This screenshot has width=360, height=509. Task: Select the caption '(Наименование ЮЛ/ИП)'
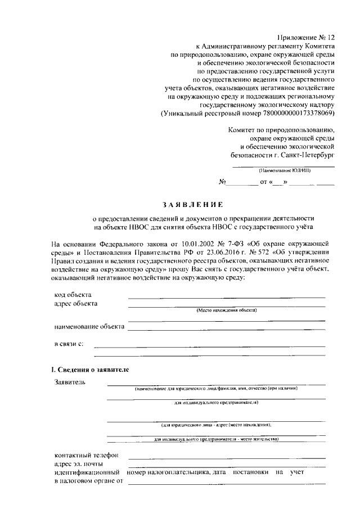(283, 170)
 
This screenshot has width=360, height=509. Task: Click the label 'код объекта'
(74, 295)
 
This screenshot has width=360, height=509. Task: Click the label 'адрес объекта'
(75, 304)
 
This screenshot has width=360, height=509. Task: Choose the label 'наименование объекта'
(88, 326)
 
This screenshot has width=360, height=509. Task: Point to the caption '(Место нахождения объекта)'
(226, 310)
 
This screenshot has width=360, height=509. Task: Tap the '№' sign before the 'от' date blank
(222, 183)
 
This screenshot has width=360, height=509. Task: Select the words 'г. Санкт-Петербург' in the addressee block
(304, 153)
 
